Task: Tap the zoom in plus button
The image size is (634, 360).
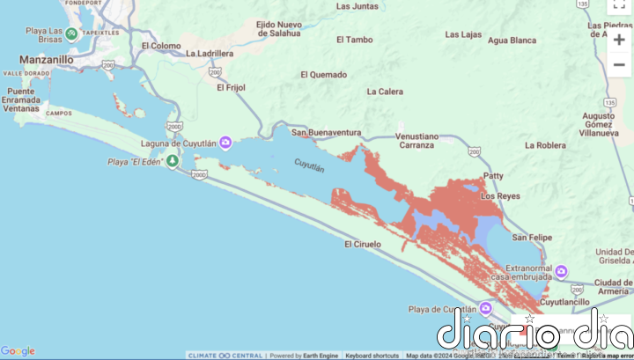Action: (x=619, y=40)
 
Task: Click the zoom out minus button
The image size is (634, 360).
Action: (x=619, y=65)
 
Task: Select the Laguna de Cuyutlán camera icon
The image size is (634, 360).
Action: (x=226, y=143)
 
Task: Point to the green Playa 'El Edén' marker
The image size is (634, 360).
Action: (x=173, y=161)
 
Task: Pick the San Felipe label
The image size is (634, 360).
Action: (x=532, y=238)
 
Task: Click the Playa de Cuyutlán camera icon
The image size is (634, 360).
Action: (x=485, y=309)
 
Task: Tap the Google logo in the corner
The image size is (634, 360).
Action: (x=18, y=351)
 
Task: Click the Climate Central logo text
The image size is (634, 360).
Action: (x=225, y=356)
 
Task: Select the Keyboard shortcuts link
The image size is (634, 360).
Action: (x=372, y=356)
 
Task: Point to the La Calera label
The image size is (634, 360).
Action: (x=385, y=92)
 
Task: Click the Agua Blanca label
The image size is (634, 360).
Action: (x=512, y=40)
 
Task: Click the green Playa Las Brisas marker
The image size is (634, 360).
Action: (x=71, y=33)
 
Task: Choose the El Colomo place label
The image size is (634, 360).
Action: (x=160, y=46)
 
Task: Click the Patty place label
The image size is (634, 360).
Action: (x=493, y=175)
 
